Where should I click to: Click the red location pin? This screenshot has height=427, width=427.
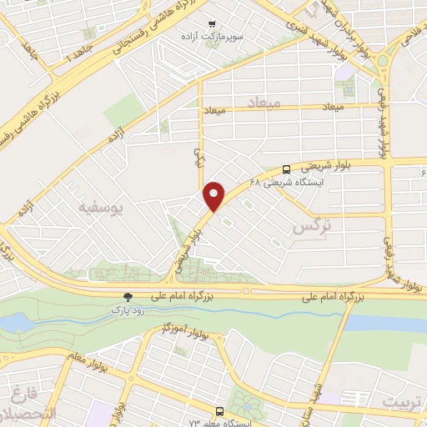[215, 196]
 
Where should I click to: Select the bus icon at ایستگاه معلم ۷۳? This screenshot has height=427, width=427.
[219, 411]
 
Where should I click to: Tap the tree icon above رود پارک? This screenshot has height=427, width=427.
[128, 296]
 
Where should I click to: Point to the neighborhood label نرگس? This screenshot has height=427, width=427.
[306, 226]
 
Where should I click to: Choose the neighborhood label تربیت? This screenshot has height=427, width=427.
[403, 403]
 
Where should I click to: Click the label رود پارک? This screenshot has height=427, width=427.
[128, 309]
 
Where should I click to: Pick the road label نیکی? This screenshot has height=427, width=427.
[198, 156]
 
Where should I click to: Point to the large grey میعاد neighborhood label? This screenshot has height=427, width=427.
[265, 101]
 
